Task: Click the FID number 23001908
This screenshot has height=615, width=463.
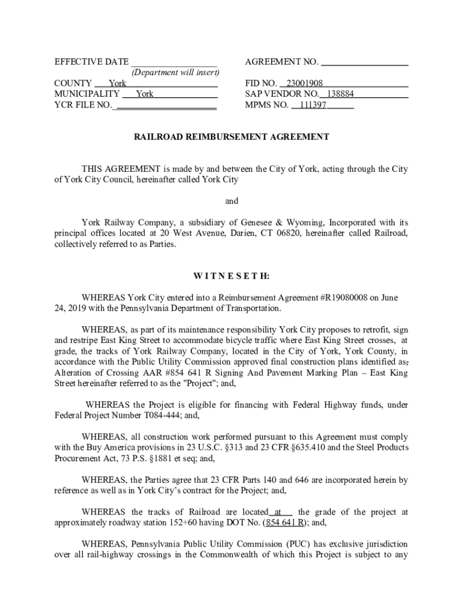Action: point(305,83)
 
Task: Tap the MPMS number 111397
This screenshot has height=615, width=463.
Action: point(313,105)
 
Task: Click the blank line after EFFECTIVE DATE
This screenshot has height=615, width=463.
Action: point(174,62)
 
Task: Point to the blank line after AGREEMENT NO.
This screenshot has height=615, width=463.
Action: point(365,62)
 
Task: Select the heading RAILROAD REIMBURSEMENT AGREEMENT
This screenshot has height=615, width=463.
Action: point(231,137)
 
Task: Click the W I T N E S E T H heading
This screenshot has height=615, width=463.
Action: point(231,276)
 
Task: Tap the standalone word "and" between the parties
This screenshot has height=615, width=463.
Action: point(231,201)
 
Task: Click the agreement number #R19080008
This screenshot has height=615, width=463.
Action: point(340,298)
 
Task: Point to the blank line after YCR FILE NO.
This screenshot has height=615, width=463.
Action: point(165,105)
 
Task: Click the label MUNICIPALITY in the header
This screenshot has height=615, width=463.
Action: point(87,94)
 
